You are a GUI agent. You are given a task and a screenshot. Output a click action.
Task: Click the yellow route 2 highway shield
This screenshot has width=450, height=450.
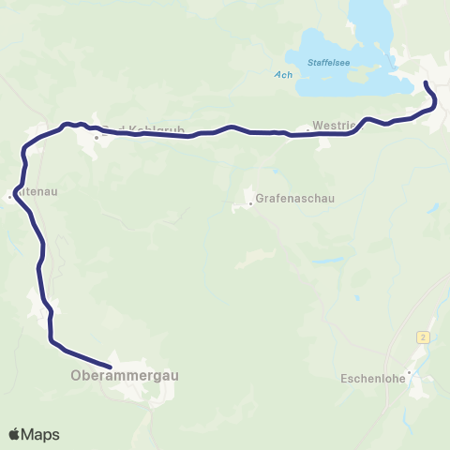click(424, 336)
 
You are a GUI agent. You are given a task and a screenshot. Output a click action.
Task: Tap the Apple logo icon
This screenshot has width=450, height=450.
click(15, 434)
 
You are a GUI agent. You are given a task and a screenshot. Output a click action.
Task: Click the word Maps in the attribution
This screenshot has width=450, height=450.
click(40, 434)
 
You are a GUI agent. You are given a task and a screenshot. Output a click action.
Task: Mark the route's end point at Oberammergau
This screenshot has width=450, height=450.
click(110, 366)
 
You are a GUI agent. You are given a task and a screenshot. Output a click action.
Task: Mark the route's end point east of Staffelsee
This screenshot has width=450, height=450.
click(427, 85)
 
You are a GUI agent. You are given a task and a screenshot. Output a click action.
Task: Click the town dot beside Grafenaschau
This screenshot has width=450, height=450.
click(250, 200)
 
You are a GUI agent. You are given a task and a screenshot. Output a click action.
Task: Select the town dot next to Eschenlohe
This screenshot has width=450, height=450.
click(409, 370)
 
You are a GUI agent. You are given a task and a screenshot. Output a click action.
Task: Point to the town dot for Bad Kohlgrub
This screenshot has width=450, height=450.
click(97, 137)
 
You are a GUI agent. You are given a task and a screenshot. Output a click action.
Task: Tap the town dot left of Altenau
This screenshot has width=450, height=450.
click(8, 196)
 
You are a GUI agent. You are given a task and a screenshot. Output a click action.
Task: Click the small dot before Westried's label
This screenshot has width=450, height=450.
click(307, 128)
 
